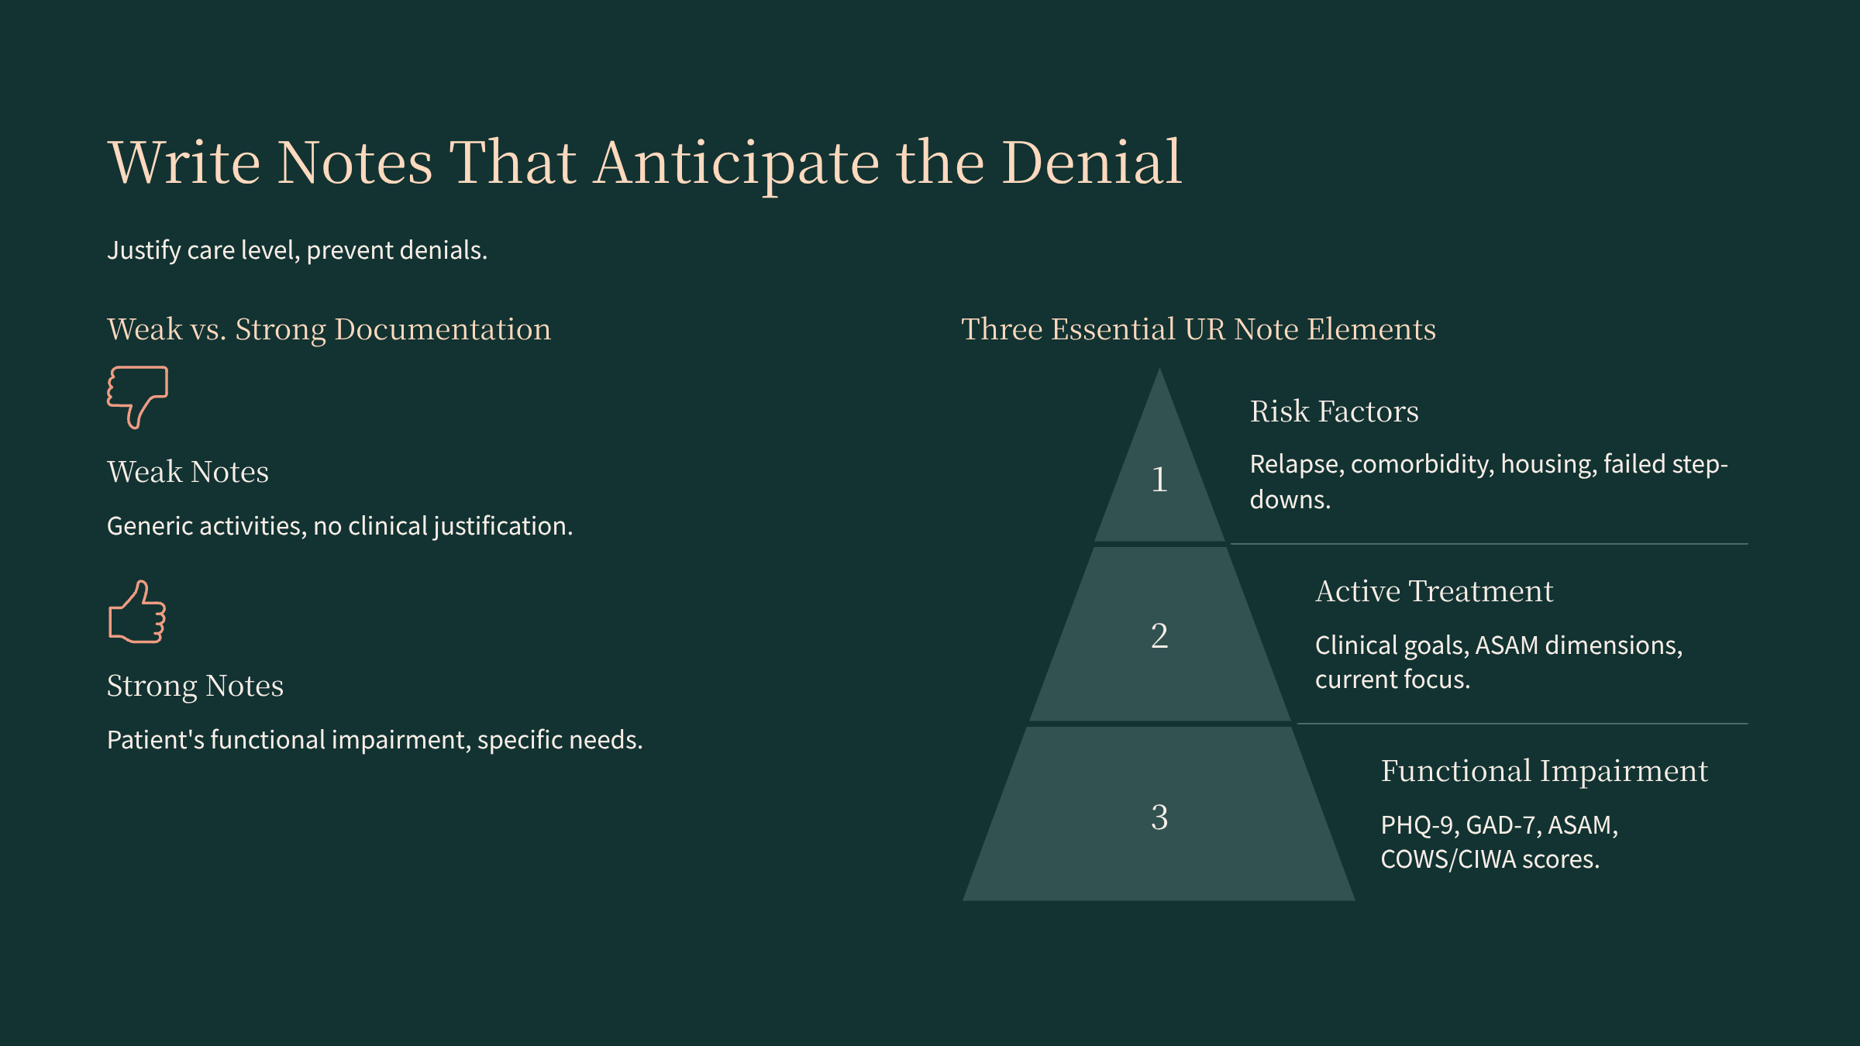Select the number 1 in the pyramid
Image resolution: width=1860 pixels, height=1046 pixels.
point(1159,479)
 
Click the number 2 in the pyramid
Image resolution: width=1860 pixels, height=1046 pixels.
point(1159,635)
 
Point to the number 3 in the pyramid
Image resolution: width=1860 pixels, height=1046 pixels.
point(1159,817)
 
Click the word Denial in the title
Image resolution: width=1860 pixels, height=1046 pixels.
point(1092,163)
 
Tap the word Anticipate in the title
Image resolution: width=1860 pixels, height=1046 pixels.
point(736,164)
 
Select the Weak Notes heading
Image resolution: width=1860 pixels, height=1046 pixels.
point(188,472)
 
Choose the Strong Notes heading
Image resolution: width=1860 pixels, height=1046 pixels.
point(195,686)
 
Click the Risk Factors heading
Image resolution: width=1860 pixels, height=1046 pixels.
point(1335,411)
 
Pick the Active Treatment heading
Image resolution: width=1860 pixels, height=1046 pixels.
point(1434,591)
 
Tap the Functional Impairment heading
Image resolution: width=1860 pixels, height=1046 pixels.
point(1545,772)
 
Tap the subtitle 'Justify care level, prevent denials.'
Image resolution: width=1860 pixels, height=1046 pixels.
point(297,250)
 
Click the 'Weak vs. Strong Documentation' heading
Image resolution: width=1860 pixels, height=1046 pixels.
point(329,329)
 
